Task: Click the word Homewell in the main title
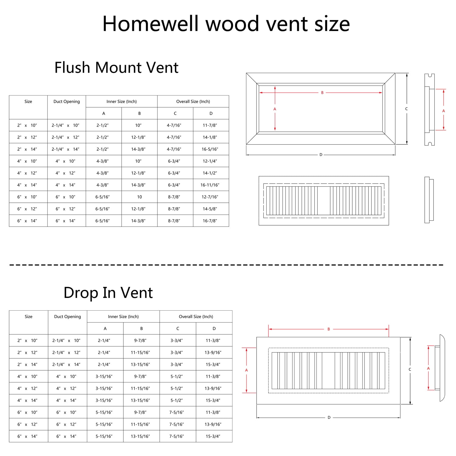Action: tap(150, 23)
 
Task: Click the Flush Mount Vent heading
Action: tap(116, 67)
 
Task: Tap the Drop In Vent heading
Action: tap(108, 293)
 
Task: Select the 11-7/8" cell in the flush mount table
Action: tap(210, 125)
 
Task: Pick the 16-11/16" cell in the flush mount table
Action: tap(210, 185)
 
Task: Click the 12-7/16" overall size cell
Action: tap(210, 197)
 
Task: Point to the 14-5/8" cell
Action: tap(210, 209)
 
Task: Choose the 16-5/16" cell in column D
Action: tap(210, 149)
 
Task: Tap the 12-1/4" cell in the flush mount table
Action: tap(210, 161)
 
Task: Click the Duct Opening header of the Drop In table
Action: tap(67, 316)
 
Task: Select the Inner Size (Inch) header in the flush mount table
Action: tap(122, 102)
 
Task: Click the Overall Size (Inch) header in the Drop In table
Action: tap(196, 316)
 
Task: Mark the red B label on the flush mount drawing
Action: tap(322, 93)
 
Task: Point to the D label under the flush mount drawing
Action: tap(321, 155)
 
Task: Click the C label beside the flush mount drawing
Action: tap(406, 109)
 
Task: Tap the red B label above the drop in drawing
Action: tap(329, 329)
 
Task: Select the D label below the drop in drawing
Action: tap(329, 417)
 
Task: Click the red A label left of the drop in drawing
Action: tap(246, 370)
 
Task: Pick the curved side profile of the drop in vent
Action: tap(442, 368)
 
